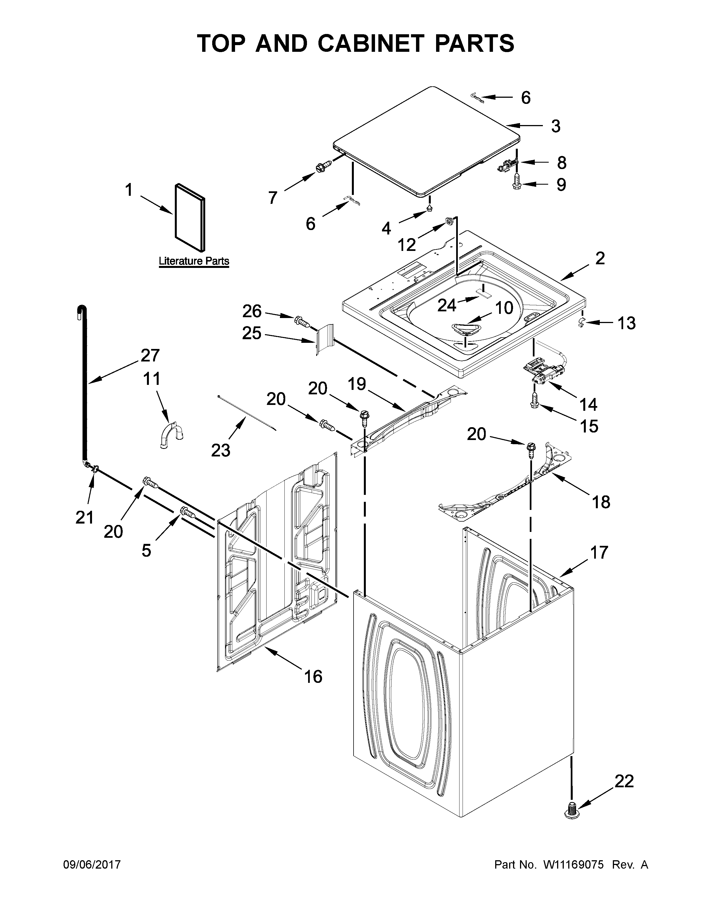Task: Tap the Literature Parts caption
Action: pos(194,261)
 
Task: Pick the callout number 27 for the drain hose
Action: pos(150,356)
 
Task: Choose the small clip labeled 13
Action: pos(581,323)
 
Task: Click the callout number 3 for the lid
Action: pos(556,126)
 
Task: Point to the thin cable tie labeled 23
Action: pos(246,412)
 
